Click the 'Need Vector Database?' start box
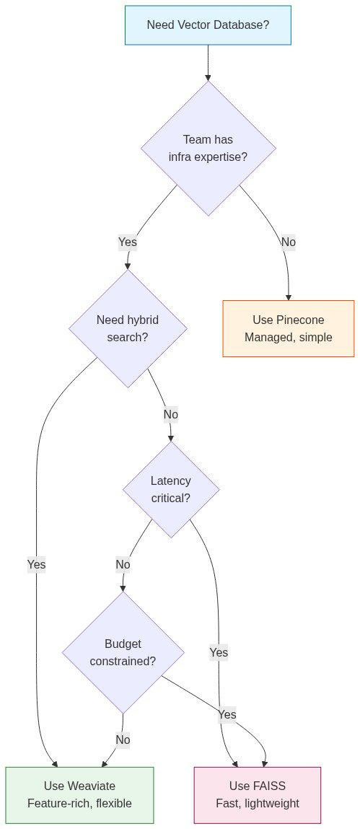pos(208,25)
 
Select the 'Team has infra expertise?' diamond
pos(208,148)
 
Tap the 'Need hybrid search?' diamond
pos(128,328)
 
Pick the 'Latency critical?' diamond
pos(171,490)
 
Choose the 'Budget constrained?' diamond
pos(123,652)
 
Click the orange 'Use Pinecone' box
pos(289,328)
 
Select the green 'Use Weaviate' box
pos(79,794)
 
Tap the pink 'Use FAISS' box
pos(258,794)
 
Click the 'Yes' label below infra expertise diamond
pos(128,242)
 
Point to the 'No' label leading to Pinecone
pos(289,242)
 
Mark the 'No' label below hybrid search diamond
pos(171,415)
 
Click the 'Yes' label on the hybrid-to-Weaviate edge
pos(36,565)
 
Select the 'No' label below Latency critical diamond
pos(123,565)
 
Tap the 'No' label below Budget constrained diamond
pos(123,740)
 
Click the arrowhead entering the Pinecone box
pos(289,297)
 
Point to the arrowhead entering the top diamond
pos(208,77)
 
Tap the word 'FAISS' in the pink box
pos(269,786)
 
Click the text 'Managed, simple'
pos(289,337)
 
